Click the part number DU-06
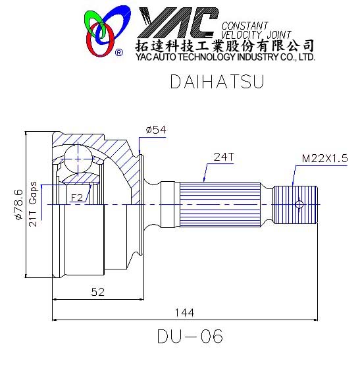[190, 337]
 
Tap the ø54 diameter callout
[155, 130]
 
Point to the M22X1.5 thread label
[324, 158]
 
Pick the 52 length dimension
[97, 291]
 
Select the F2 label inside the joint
[76, 196]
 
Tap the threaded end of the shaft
[296, 205]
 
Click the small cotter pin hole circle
[299, 205]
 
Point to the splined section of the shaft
[224, 204]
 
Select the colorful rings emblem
[102, 30]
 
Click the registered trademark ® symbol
[118, 52]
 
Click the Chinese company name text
[224, 45]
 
